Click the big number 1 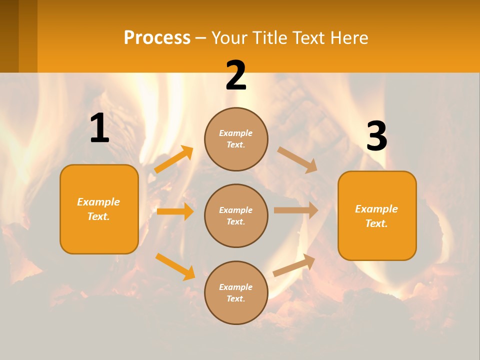99,128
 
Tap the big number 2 236,76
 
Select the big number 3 376,136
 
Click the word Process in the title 157,37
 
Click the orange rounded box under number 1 99,209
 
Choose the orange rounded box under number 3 377,215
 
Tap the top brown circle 236,139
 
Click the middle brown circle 236,215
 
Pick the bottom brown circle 236,292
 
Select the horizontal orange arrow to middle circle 175,211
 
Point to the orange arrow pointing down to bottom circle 175,266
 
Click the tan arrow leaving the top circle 297,159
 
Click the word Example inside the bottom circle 236,287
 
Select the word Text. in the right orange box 376,223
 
